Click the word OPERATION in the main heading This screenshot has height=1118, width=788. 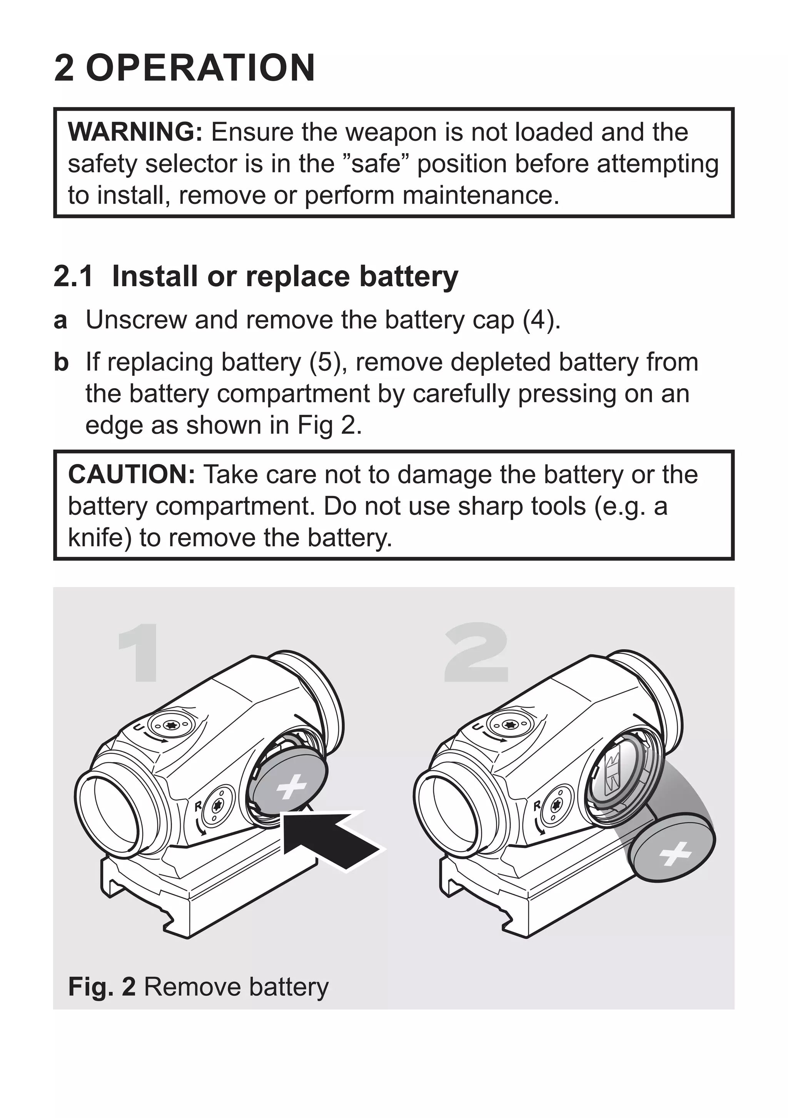(x=200, y=68)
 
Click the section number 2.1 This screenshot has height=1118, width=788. (x=73, y=277)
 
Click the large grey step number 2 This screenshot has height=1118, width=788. (x=477, y=652)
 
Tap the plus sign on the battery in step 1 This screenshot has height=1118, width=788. (x=291, y=786)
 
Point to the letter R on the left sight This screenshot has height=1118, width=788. (x=198, y=806)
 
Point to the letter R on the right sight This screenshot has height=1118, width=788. (x=537, y=806)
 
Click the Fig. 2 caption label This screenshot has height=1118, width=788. (x=101, y=987)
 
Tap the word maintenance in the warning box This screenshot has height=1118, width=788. (x=480, y=196)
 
